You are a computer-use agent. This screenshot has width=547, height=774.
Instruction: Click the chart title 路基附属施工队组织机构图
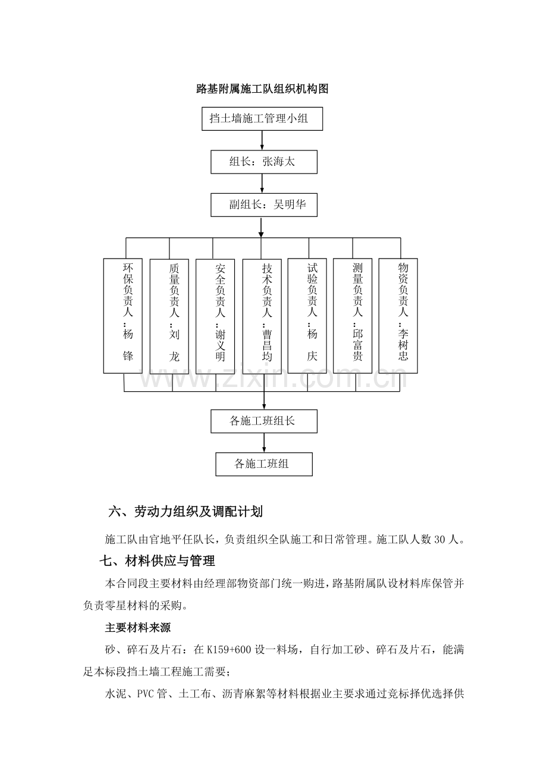coord(262,89)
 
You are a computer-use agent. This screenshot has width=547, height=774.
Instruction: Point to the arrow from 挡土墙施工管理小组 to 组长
coord(262,140)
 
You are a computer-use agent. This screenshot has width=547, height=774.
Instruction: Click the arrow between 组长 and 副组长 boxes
coord(262,184)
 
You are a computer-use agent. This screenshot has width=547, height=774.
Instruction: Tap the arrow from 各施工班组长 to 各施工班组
coord(264,443)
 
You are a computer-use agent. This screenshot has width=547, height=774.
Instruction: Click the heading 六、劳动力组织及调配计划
coord(186,512)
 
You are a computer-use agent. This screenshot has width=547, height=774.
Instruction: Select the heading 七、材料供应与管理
coord(157,561)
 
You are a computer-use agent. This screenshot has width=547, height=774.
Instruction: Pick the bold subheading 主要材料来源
coord(138,628)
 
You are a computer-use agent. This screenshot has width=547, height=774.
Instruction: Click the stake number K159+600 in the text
coord(229,650)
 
